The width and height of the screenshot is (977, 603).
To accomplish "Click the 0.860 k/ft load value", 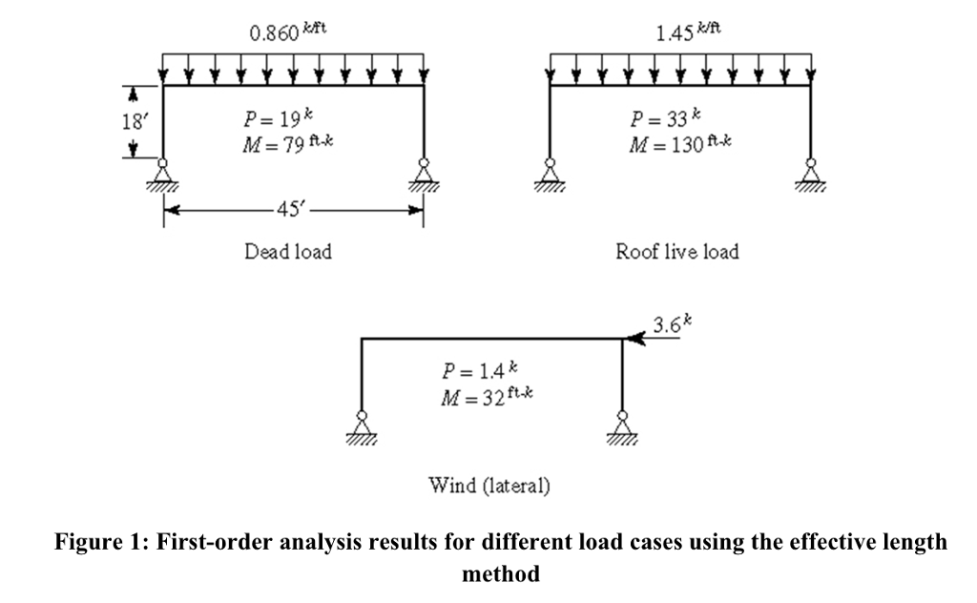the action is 287,31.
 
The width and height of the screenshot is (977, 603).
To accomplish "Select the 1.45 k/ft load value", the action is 688,31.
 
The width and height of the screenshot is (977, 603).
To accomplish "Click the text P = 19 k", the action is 278,117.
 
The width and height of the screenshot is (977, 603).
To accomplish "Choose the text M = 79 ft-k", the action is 287,144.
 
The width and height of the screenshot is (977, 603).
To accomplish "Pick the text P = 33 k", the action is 665,117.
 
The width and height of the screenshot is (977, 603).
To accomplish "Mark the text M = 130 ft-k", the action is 679,144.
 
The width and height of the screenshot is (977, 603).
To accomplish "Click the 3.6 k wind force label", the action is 672,324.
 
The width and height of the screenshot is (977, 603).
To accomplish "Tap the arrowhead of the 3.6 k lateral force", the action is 626,339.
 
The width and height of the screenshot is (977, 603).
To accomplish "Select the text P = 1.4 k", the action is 479,370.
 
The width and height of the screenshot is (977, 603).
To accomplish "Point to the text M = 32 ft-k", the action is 487,397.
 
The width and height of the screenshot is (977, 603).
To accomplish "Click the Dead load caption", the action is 288,252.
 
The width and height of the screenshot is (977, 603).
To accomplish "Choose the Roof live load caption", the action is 677,252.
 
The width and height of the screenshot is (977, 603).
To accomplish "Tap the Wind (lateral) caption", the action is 489,486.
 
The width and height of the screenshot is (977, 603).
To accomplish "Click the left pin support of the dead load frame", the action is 162,175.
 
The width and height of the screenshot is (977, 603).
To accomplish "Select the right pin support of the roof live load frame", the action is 811,175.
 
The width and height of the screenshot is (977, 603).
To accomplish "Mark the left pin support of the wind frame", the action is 362,429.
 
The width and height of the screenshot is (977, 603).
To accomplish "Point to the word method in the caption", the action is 501,573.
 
